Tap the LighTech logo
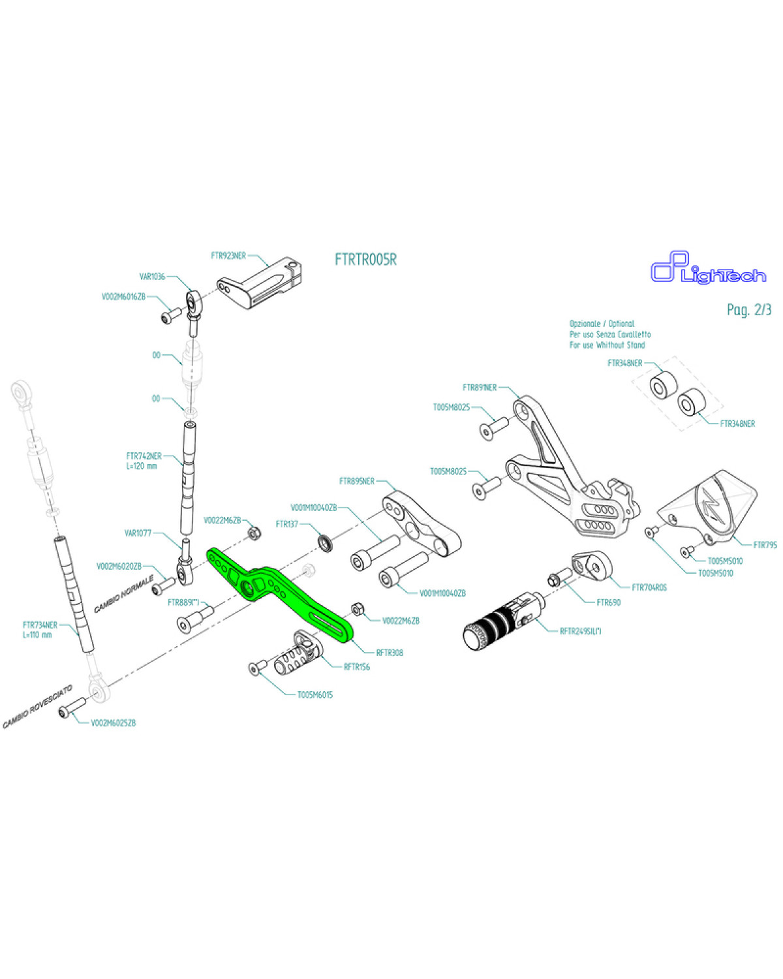(x=708, y=270)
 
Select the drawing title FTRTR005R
(x=365, y=259)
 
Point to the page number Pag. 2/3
(x=748, y=309)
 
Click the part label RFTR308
(x=390, y=652)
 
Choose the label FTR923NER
(x=228, y=256)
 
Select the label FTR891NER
(x=480, y=387)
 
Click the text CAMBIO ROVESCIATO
(x=38, y=707)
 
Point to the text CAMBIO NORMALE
(x=123, y=594)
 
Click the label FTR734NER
(x=40, y=625)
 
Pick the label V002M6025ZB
(x=114, y=723)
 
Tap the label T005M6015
(x=315, y=694)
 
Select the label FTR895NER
(x=357, y=481)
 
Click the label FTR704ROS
(x=649, y=587)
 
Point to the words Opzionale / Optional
(x=602, y=324)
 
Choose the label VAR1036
(x=152, y=277)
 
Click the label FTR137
(x=287, y=524)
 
